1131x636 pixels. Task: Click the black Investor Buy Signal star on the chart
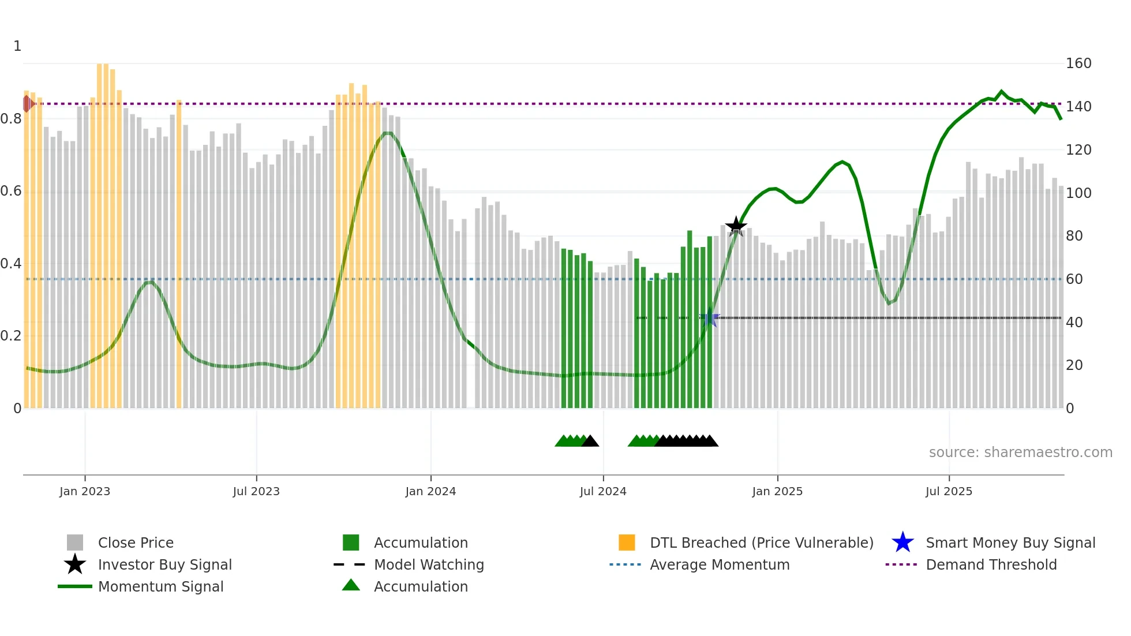[x=736, y=226]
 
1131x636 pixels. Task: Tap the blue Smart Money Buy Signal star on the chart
[x=709, y=317]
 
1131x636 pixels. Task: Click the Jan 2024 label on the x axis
[x=430, y=491]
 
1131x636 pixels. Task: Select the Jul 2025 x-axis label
[x=949, y=491]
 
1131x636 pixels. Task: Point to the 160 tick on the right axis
[x=1078, y=63]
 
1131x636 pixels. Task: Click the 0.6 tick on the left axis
[x=11, y=191]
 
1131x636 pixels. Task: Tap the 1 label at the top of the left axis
[x=17, y=46]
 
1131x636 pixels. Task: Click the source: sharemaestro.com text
[x=1020, y=452]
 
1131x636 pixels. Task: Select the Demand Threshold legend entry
[x=991, y=564]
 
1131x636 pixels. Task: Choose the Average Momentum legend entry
[x=719, y=564]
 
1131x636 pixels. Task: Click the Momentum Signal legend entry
[x=160, y=586]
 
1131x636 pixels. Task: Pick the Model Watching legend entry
[x=428, y=564]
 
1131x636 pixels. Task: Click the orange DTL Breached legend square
[x=627, y=543]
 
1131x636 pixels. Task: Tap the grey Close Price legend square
[x=75, y=543]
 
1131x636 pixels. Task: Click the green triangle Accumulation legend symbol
[x=351, y=585]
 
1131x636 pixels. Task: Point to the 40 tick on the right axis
[x=1074, y=323]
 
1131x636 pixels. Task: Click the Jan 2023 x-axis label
[x=85, y=491]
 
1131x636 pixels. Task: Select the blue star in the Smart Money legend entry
[x=902, y=543]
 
